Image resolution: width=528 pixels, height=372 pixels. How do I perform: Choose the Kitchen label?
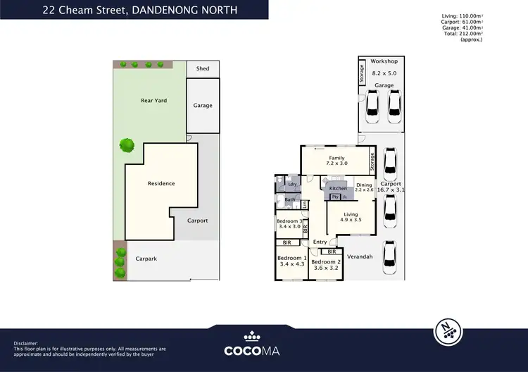click(x=338, y=189)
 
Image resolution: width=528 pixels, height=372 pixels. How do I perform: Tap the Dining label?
click(x=363, y=185)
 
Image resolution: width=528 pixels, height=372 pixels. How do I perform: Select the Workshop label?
click(x=385, y=61)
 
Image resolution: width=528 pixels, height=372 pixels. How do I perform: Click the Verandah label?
click(x=360, y=257)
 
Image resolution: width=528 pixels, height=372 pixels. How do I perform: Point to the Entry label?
click(x=320, y=242)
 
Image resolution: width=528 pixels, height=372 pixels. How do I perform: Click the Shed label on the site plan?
click(x=203, y=68)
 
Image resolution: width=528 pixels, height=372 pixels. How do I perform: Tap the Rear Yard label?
click(x=153, y=101)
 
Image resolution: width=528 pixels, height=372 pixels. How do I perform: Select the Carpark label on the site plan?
click(x=146, y=259)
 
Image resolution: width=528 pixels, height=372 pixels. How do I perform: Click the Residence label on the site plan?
click(x=161, y=183)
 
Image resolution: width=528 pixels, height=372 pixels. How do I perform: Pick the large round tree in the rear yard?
click(x=127, y=145)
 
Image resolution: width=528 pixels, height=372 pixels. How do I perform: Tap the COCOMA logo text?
click(x=263, y=350)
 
